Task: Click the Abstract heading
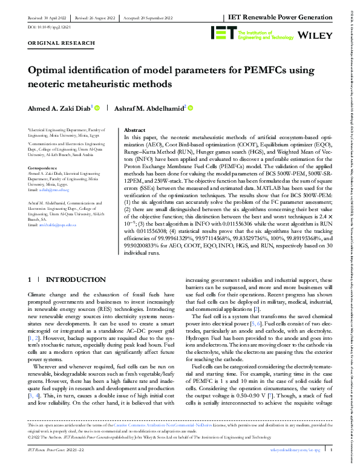coord(134,130)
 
